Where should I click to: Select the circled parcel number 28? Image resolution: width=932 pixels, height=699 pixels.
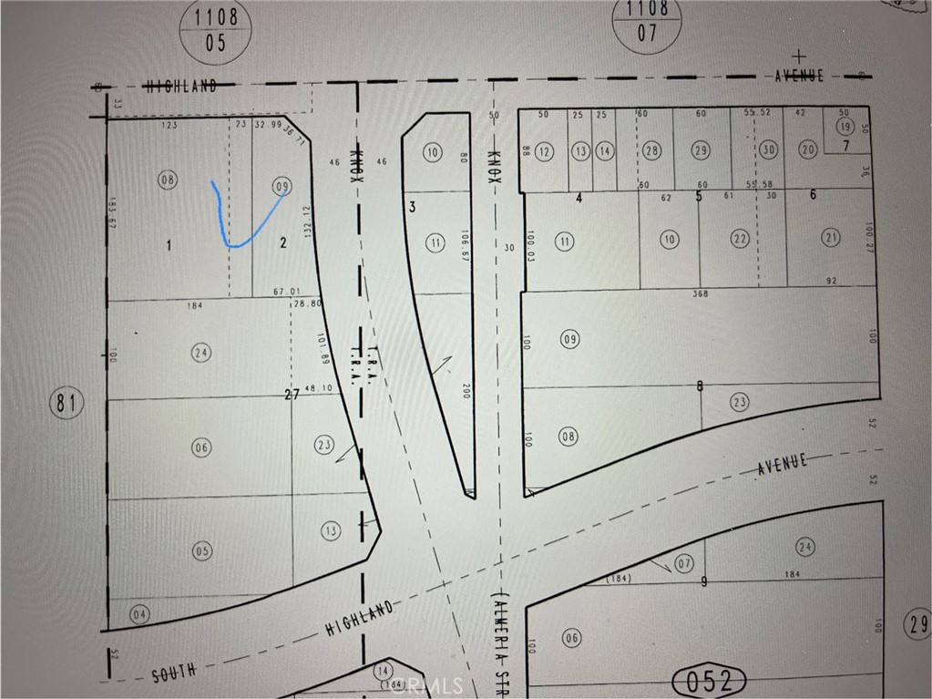651,151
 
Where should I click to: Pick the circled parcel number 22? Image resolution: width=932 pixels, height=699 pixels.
740,239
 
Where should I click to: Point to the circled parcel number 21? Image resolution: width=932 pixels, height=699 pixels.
831,239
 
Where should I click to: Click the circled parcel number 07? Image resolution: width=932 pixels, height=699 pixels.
685,561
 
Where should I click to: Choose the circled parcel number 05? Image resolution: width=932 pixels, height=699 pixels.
201,550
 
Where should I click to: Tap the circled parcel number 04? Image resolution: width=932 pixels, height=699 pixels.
138,612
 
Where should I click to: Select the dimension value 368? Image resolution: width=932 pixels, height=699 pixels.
700,293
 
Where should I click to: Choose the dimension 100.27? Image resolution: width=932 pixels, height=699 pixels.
870,237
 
